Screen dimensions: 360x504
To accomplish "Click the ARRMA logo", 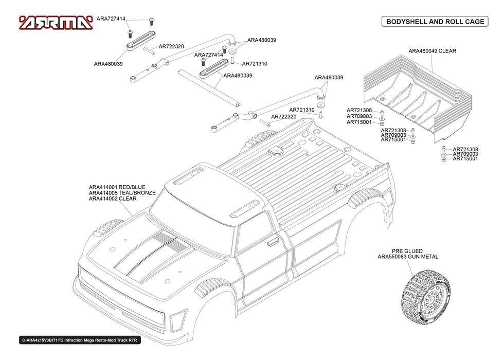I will [x=56, y=23].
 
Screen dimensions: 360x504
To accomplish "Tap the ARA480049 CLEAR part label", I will [x=432, y=51].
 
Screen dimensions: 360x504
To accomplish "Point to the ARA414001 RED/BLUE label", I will [x=117, y=187].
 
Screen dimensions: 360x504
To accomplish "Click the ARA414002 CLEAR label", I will [x=113, y=199].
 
